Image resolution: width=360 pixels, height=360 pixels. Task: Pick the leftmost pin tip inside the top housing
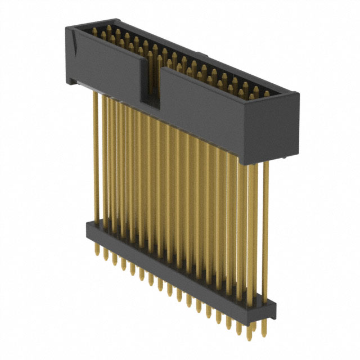(x=103, y=33)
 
